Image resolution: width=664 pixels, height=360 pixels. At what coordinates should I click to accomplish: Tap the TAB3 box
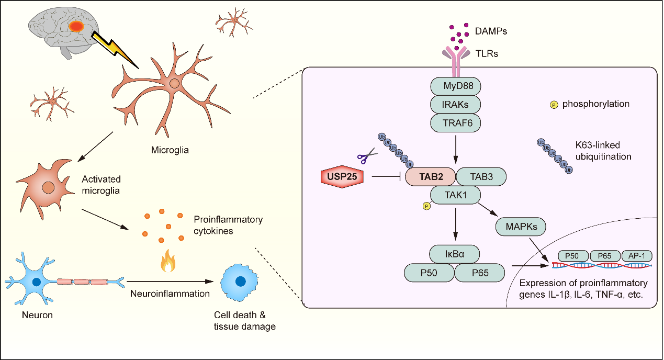point(481,177)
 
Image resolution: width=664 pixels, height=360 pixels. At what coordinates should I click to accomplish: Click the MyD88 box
point(455,86)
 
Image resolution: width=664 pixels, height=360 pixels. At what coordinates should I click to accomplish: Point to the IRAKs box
point(455,105)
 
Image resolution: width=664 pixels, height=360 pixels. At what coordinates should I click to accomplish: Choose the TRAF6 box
point(455,123)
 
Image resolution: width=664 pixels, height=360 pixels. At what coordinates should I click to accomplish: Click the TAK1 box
point(455,196)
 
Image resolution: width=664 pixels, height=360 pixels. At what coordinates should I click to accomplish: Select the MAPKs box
point(520,227)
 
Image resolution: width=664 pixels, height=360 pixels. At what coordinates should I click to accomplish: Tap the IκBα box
point(454,255)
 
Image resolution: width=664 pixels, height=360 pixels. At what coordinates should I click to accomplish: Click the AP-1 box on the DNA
point(637,256)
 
